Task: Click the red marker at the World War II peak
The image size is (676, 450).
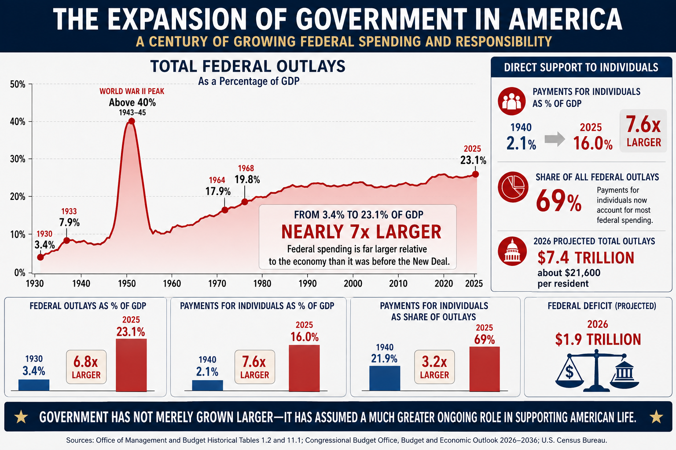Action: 132,121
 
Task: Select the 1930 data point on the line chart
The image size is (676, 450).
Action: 40,257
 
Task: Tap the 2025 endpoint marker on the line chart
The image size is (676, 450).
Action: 475,174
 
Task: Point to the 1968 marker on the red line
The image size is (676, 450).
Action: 245,202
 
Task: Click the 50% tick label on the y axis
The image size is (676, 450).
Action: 18,84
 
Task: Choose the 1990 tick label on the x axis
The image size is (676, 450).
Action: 308,283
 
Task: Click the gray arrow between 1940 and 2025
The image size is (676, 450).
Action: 555,139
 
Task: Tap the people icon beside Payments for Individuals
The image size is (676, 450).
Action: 512,101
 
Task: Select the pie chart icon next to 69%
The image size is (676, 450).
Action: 513,187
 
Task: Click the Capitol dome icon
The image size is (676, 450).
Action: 512,251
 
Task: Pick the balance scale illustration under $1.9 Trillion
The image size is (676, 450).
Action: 597,370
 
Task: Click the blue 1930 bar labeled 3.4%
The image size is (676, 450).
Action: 34,385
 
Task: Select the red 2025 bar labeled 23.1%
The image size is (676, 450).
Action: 131,365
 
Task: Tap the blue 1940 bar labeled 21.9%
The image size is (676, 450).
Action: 385,378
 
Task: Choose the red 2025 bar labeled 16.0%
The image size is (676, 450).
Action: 304,368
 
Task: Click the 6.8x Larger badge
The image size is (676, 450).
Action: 86,367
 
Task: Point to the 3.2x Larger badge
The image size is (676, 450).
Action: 434,367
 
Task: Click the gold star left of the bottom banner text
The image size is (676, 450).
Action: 22,417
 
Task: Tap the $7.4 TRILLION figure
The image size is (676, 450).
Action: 586,258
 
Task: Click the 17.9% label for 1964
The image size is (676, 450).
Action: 218,192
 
